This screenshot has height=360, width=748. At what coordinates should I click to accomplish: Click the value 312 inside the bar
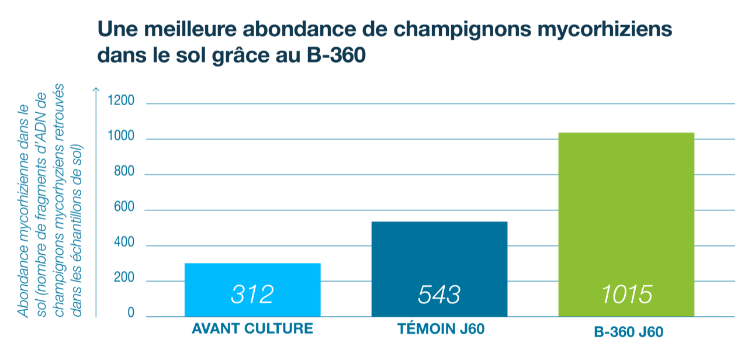click(x=252, y=295)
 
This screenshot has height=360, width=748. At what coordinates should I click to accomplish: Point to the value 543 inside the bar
click(x=439, y=295)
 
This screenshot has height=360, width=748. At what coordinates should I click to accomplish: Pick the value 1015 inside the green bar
click(x=626, y=295)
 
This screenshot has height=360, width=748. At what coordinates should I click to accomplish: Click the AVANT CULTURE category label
click(x=252, y=329)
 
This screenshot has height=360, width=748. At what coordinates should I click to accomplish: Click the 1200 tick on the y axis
click(x=122, y=102)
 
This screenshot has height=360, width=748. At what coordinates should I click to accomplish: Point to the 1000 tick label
click(x=122, y=138)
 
